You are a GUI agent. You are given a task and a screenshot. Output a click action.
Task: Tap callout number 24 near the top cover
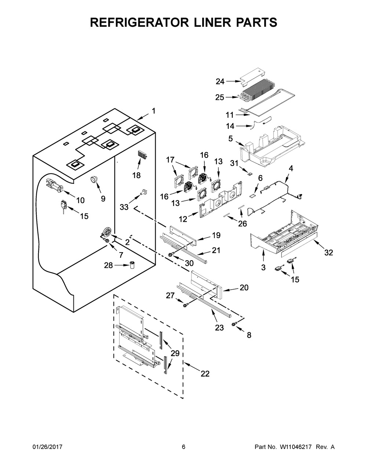[220, 81]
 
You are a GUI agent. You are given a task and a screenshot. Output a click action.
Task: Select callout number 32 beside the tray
[328, 253]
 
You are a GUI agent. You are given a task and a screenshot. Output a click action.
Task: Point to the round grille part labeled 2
[106, 232]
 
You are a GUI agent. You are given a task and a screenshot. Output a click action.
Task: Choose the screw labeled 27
[186, 305]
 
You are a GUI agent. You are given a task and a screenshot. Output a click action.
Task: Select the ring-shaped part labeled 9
[94, 179]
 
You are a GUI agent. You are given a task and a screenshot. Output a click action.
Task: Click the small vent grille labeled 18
[143, 156]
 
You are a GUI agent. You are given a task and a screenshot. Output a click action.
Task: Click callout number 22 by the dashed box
[205, 374]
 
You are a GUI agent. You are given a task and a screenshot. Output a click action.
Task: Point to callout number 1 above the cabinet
[153, 111]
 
